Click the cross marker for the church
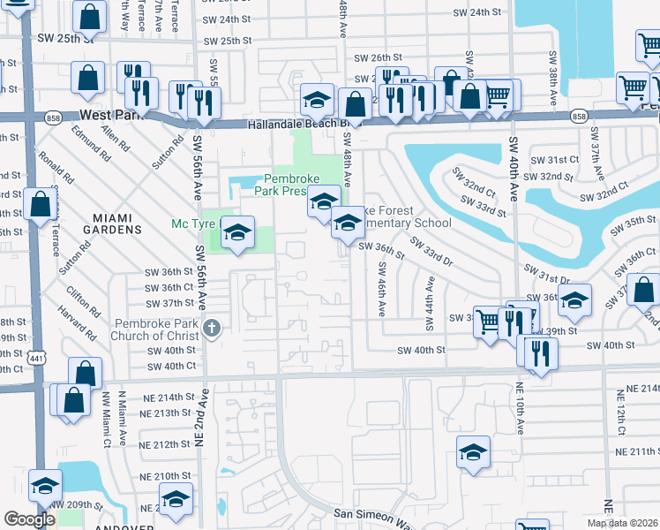pos(210,329)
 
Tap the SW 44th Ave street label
pos(431,304)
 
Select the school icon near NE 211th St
pos(473,453)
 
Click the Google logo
pos(29,519)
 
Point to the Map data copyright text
pos(621,523)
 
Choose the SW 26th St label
pos(377,57)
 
